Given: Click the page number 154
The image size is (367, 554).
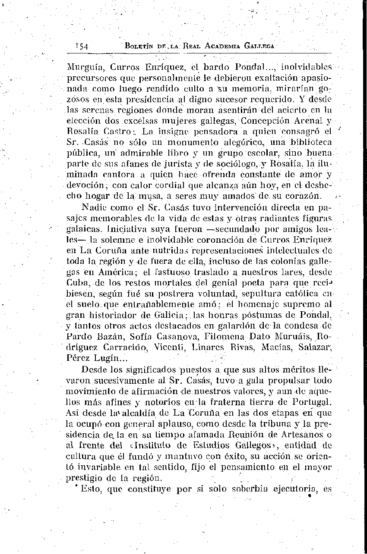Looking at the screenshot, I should tap(81, 46).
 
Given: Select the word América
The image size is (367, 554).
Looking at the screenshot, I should tap(122, 272).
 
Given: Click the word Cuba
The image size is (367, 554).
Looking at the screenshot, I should tap(79, 283).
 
